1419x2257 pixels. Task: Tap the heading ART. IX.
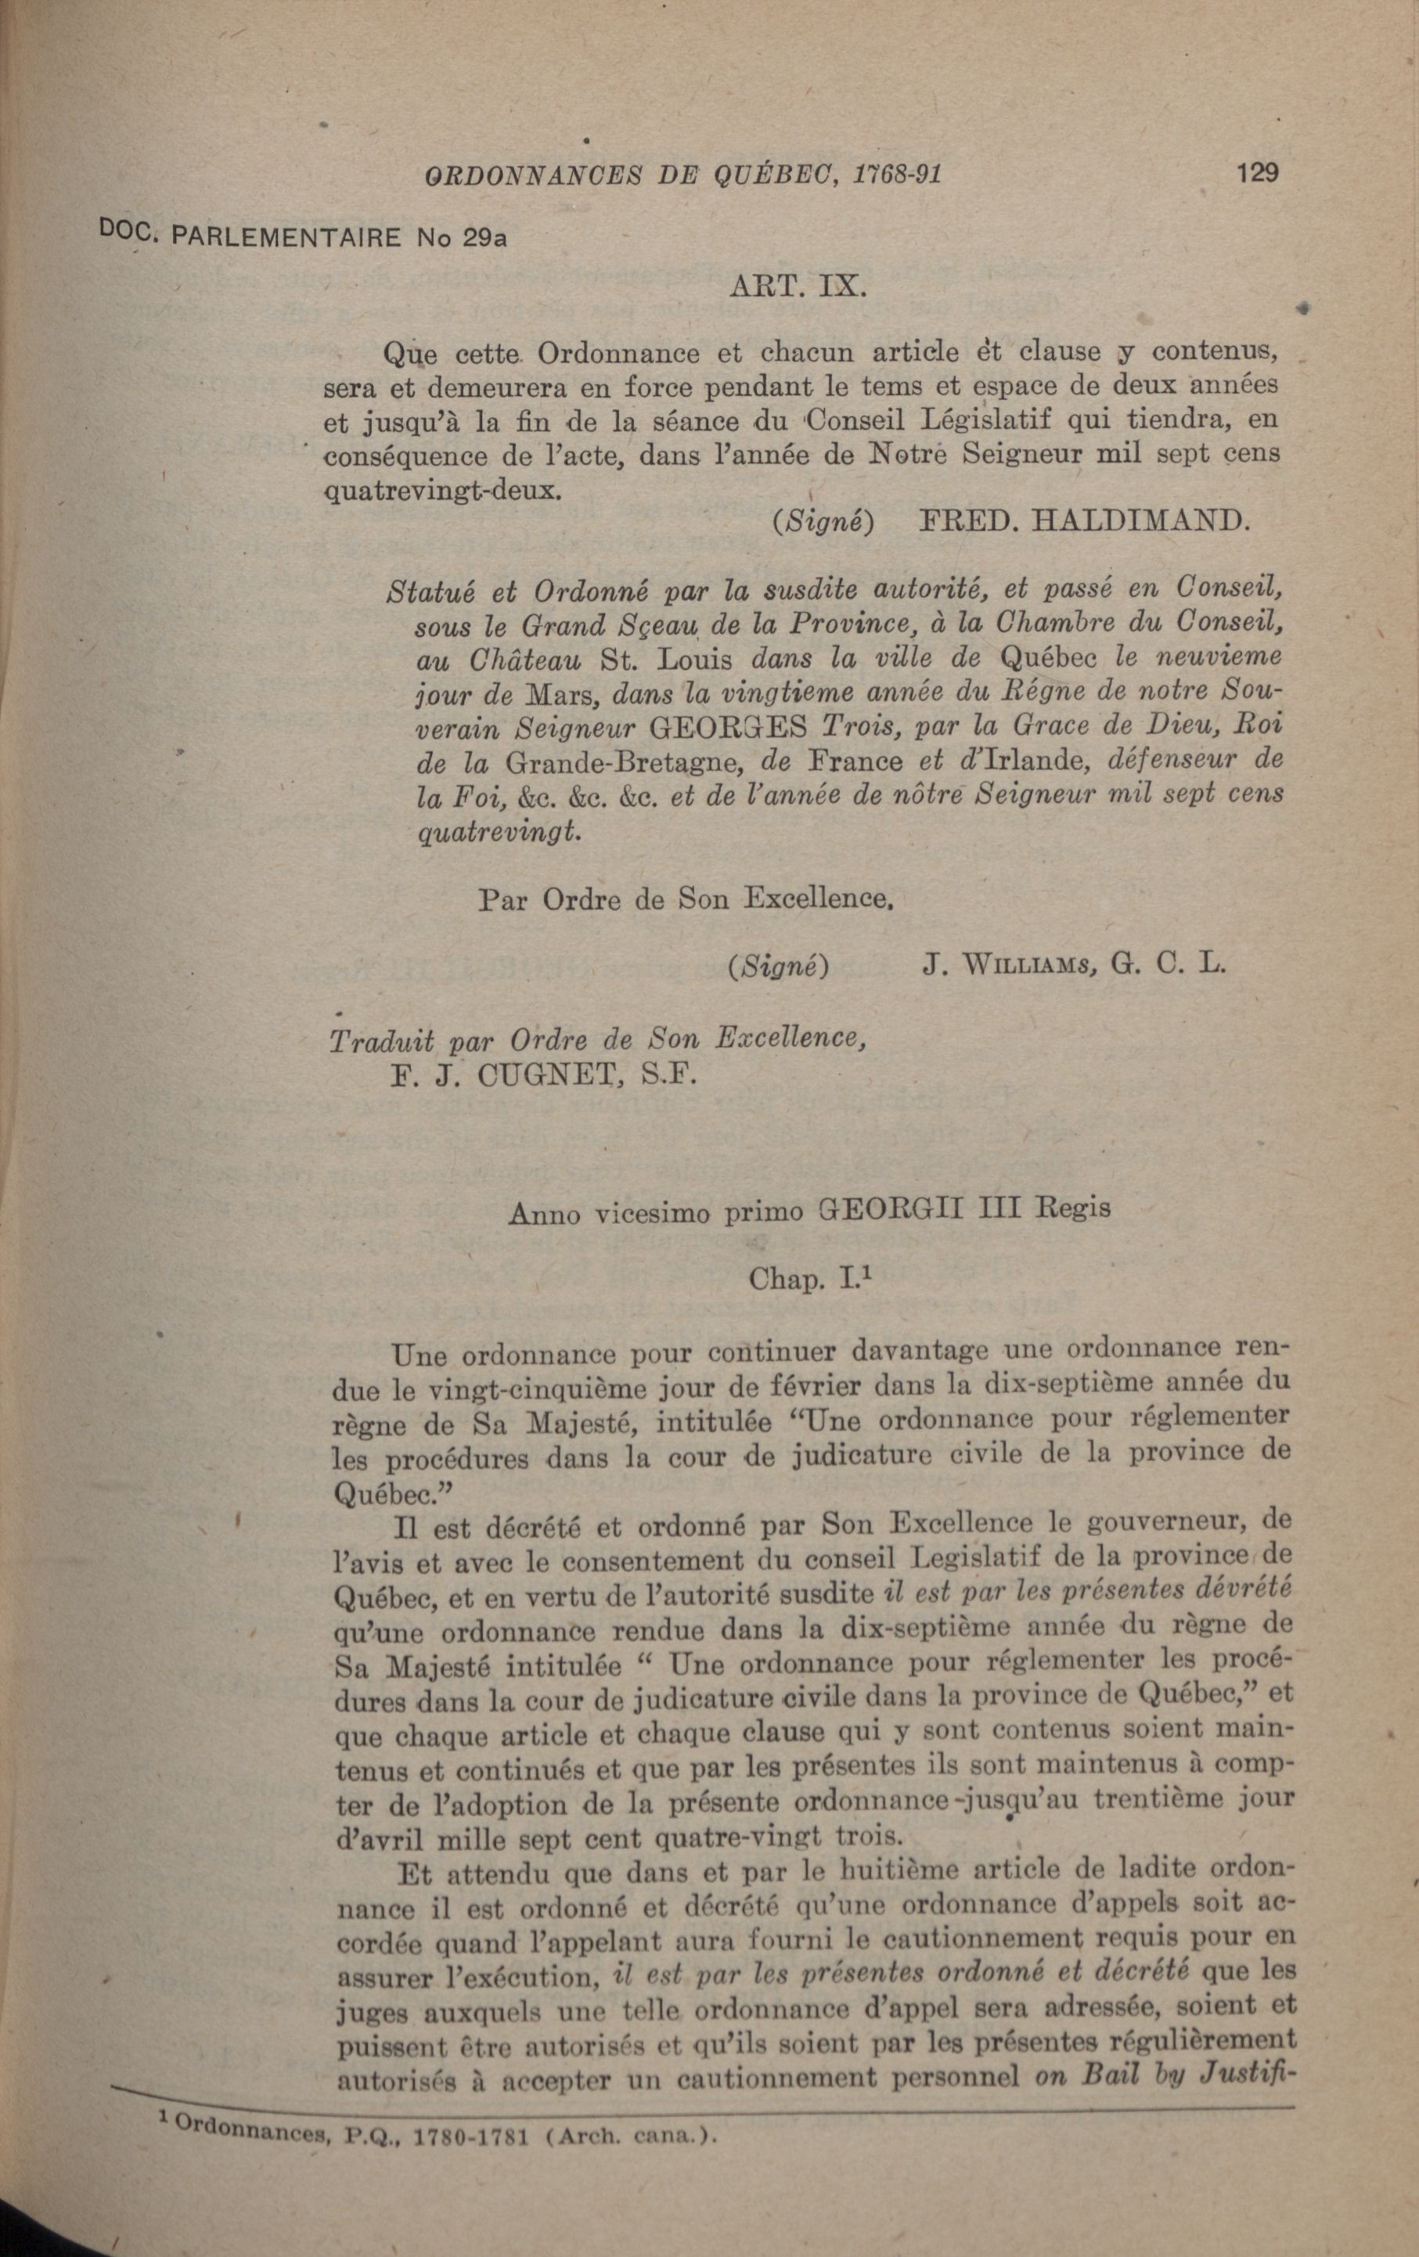tap(797, 286)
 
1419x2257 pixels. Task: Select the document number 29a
tap(484, 238)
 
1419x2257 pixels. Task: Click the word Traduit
tap(381, 1042)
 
